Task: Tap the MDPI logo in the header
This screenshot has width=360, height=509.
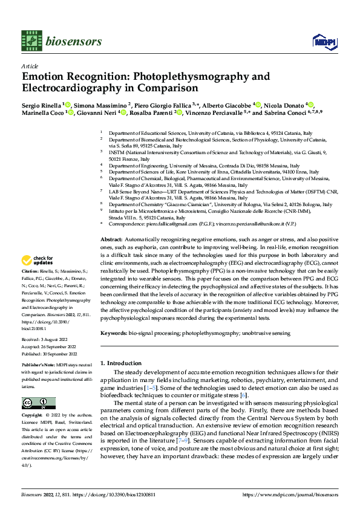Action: tap(323, 41)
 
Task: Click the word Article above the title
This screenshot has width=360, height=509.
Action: tap(30, 66)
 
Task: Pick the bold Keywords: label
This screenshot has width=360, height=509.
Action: tap(114, 332)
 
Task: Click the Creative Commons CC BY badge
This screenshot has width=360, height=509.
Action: tap(39, 403)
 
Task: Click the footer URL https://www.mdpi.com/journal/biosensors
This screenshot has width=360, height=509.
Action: tap(289, 494)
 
